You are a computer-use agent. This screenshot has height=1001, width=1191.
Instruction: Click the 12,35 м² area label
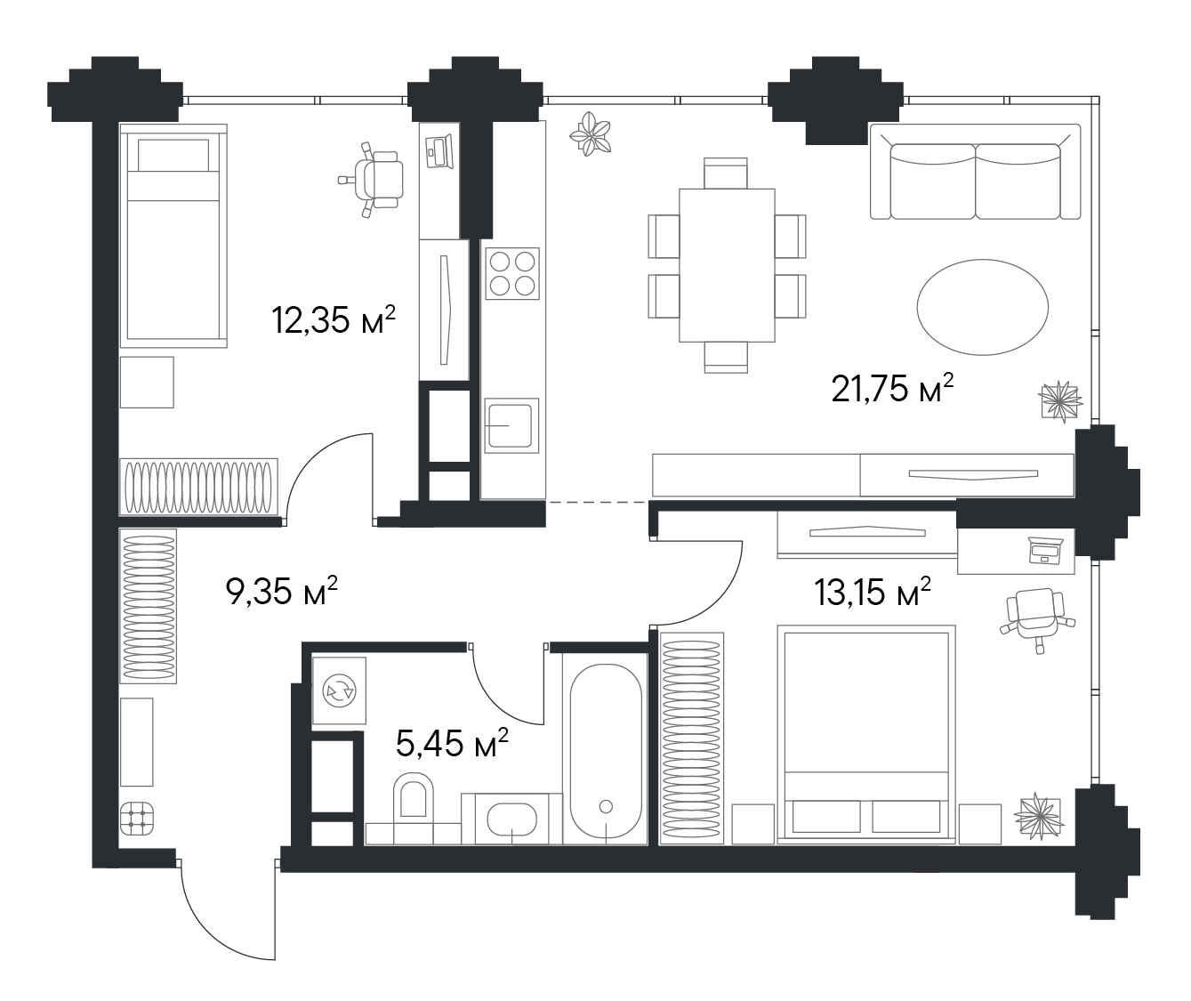[x=334, y=319]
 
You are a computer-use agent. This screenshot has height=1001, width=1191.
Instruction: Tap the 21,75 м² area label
[x=893, y=389]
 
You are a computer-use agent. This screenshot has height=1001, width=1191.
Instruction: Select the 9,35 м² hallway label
[x=282, y=591]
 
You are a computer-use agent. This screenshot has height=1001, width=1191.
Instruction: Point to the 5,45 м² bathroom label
[x=452, y=742]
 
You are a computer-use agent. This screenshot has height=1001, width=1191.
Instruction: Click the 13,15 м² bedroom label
[x=873, y=592]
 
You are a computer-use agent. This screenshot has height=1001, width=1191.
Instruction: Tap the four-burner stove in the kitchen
[x=512, y=273]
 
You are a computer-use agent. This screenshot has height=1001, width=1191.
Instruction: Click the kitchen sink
[x=511, y=425]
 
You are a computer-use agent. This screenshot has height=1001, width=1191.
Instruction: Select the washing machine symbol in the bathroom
[x=340, y=691]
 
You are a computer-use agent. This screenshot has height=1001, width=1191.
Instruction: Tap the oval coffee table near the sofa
[x=982, y=307]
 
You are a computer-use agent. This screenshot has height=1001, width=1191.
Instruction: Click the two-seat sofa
[x=976, y=172]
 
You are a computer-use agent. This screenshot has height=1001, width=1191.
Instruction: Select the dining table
[x=727, y=265]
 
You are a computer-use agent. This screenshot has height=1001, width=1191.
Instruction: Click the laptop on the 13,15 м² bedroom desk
[x=1045, y=551]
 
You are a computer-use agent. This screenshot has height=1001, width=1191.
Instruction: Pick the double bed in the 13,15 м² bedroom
[x=866, y=734]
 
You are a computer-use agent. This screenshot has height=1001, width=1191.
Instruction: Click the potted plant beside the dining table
[x=591, y=134]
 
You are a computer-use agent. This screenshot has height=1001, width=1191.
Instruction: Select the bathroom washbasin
[x=511, y=819]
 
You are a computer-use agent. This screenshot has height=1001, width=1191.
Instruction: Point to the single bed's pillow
[x=173, y=155]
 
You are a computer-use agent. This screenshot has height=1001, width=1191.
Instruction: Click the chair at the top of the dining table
[x=726, y=173]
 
